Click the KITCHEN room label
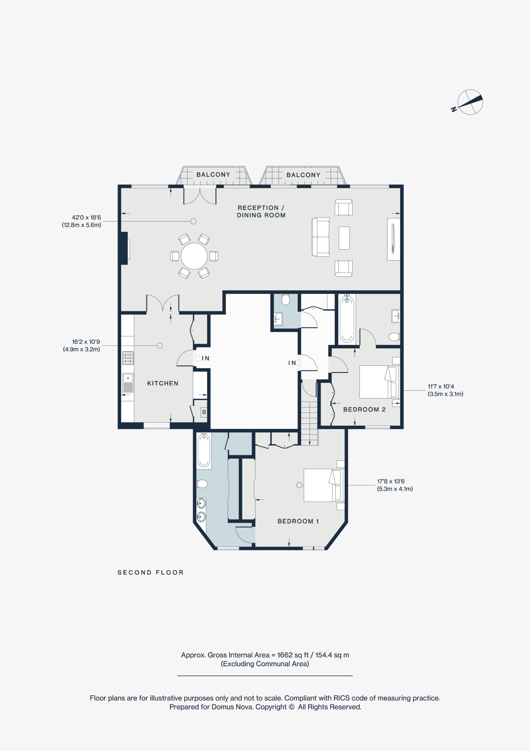(x=163, y=383)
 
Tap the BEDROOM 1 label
(x=298, y=521)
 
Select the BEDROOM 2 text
(x=364, y=409)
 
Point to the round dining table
(x=194, y=256)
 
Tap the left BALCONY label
(x=213, y=175)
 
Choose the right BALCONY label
(x=303, y=175)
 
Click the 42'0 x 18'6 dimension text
(x=86, y=217)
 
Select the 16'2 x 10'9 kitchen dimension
(x=86, y=341)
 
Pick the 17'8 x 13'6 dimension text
(x=391, y=481)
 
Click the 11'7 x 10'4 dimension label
(x=441, y=386)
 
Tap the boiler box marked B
(x=204, y=412)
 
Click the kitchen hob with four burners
(x=128, y=358)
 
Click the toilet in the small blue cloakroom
(x=286, y=299)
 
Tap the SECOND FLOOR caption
(x=151, y=572)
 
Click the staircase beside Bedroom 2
(x=309, y=423)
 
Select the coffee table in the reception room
(x=344, y=238)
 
